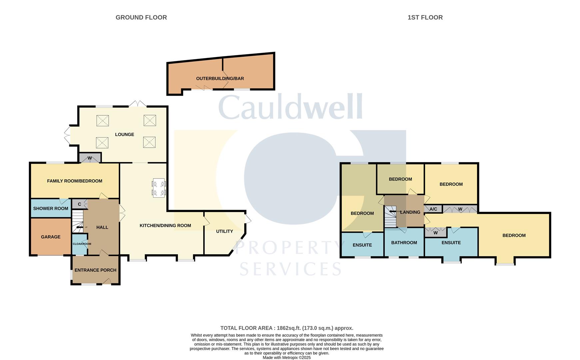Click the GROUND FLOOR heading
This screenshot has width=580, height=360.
pos(141,17)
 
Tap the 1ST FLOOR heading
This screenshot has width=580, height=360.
pos(425,17)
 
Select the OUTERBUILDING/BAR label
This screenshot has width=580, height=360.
pos(220,79)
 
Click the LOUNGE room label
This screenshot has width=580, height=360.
pos(125,134)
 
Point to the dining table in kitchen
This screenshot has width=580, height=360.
pos(159,188)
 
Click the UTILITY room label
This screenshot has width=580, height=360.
pos(224,231)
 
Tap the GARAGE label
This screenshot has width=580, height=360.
pos(51,237)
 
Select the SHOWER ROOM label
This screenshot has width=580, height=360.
pos(51,209)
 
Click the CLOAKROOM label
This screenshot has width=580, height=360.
pos(82,244)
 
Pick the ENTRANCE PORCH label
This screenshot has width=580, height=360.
pos(95,270)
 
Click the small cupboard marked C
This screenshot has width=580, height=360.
pos(79,204)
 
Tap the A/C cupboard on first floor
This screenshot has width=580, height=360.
pos(433,209)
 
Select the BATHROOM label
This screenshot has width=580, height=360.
pos(404,243)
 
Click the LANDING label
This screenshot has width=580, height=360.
pos(410,212)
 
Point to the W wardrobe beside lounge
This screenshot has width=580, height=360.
pos(90,158)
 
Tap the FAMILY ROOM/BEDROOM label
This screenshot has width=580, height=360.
pos(75,181)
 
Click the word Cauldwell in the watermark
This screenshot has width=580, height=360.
pos(290,107)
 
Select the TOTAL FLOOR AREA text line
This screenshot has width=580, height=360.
pos(287,328)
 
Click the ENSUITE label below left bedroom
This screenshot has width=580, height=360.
pos(362,245)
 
